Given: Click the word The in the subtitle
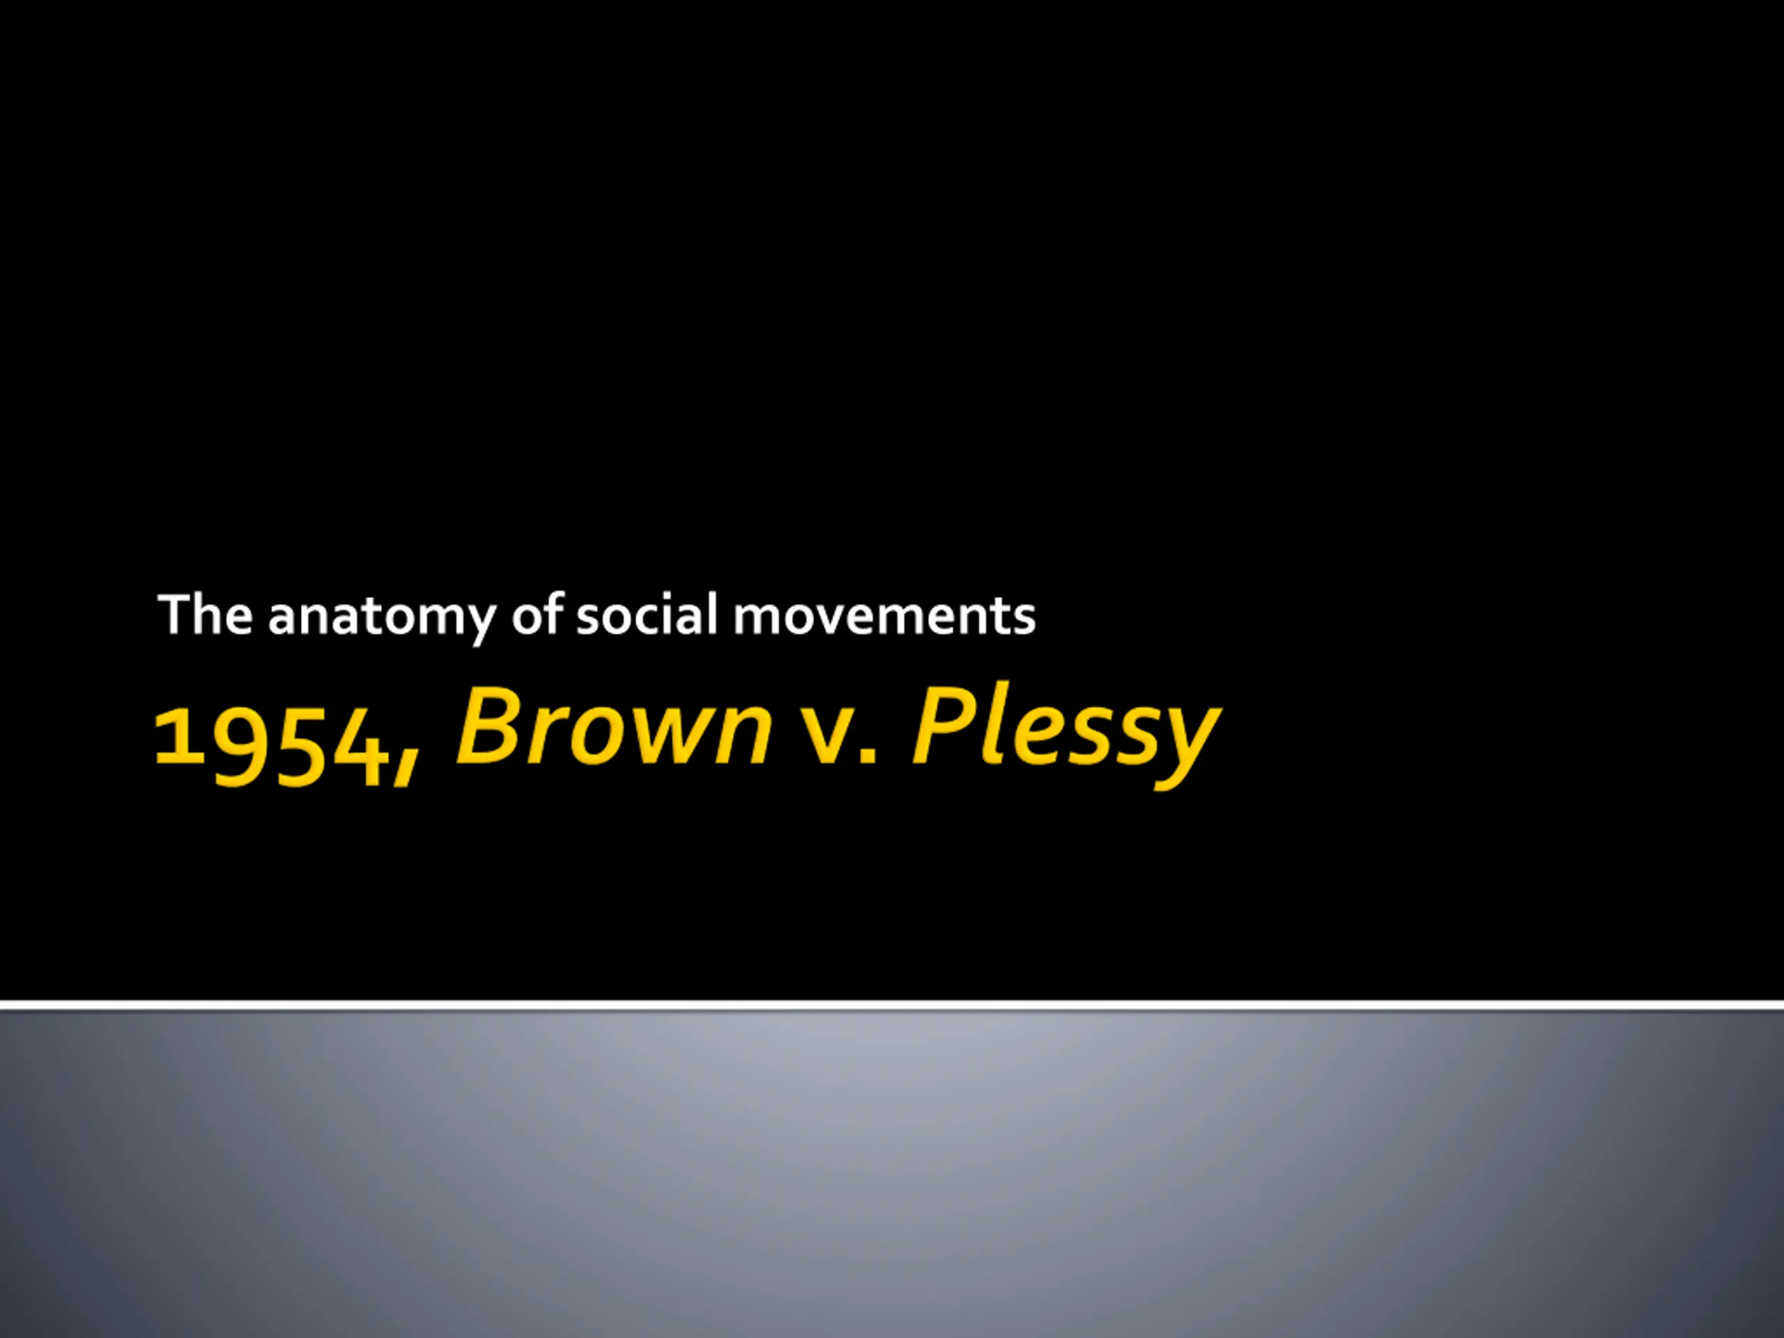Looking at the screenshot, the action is [x=206, y=615].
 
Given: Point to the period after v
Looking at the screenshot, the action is [x=868, y=753].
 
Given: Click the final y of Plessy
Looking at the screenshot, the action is [x=1185, y=747].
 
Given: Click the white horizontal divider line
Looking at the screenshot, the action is [x=892, y=1006].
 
